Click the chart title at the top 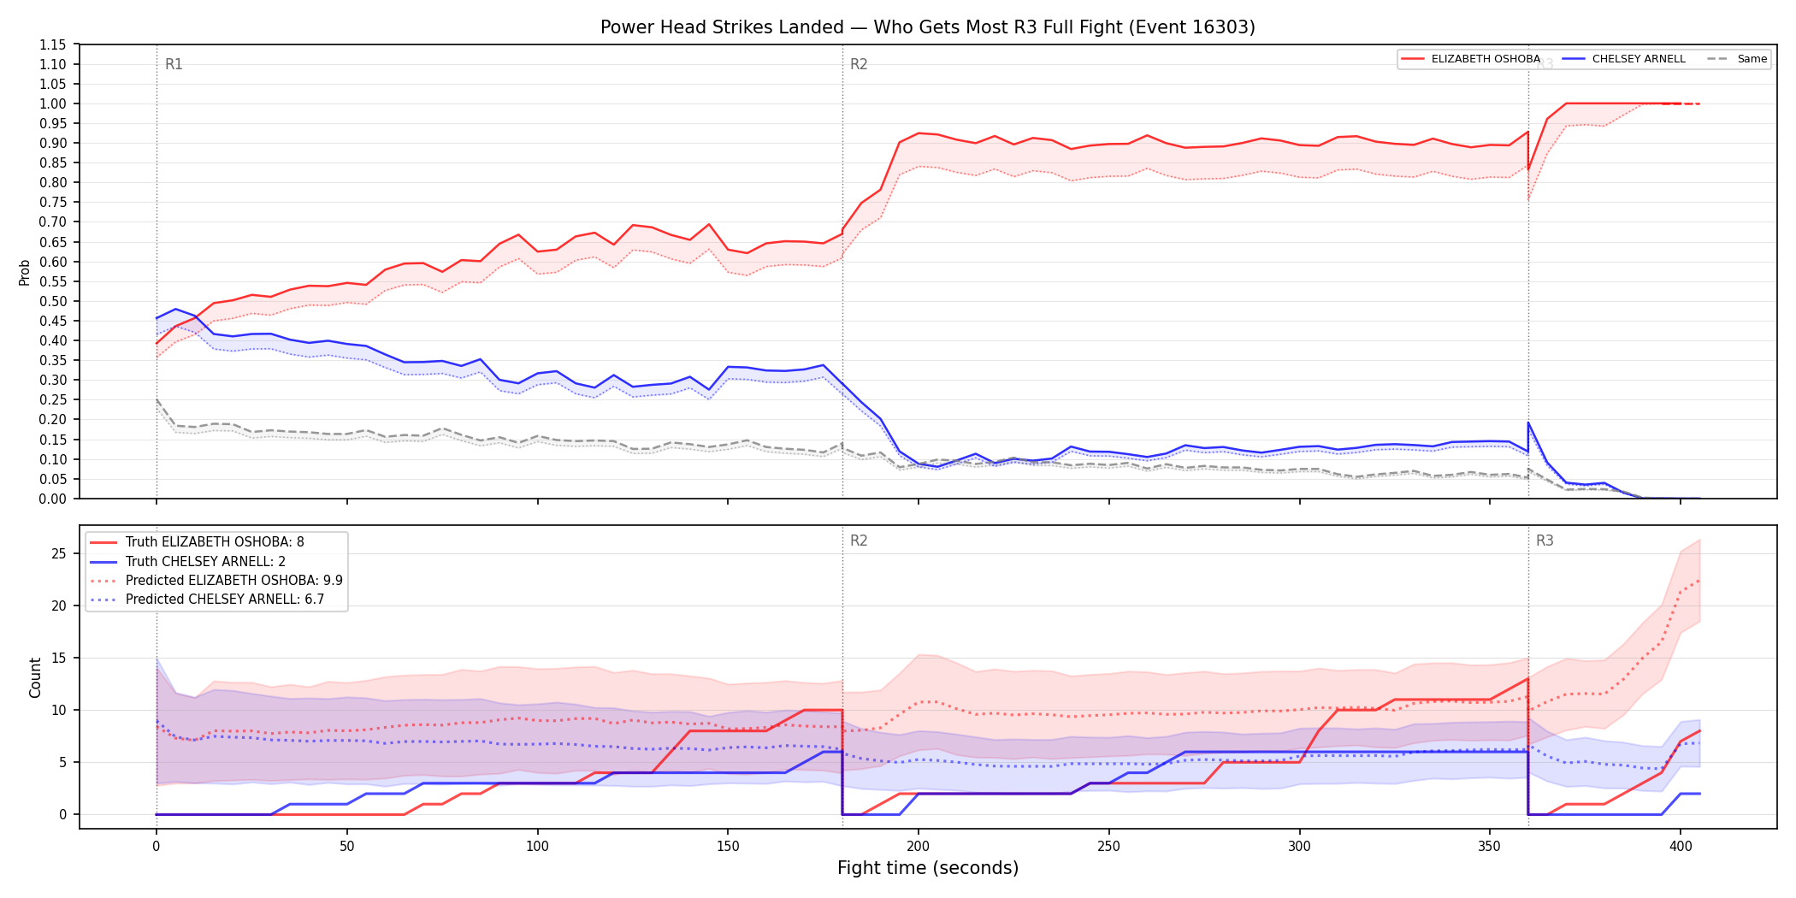pyautogui.click(x=927, y=27)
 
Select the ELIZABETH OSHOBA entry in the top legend pyautogui.click(x=1471, y=59)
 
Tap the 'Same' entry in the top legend pyautogui.click(x=1737, y=59)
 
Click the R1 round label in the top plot pyautogui.click(x=174, y=64)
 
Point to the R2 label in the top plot pyautogui.click(x=859, y=64)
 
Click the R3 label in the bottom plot pyautogui.click(x=1545, y=541)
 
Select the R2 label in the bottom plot pyautogui.click(x=859, y=541)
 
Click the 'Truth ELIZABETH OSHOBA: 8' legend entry pyautogui.click(x=197, y=542)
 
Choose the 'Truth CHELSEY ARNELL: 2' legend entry pyautogui.click(x=187, y=561)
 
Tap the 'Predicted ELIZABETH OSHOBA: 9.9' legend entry pyautogui.click(x=216, y=580)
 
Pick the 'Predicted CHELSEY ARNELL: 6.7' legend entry pyautogui.click(x=207, y=599)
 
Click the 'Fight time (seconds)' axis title pyautogui.click(x=928, y=868)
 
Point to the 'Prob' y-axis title pyautogui.click(x=24, y=272)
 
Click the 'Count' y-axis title pyautogui.click(x=35, y=677)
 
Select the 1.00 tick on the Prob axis pyautogui.click(x=53, y=103)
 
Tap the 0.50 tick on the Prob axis pyautogui.click(x=53, y=301)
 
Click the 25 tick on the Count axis pyautogui.click(x=58, y=553)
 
